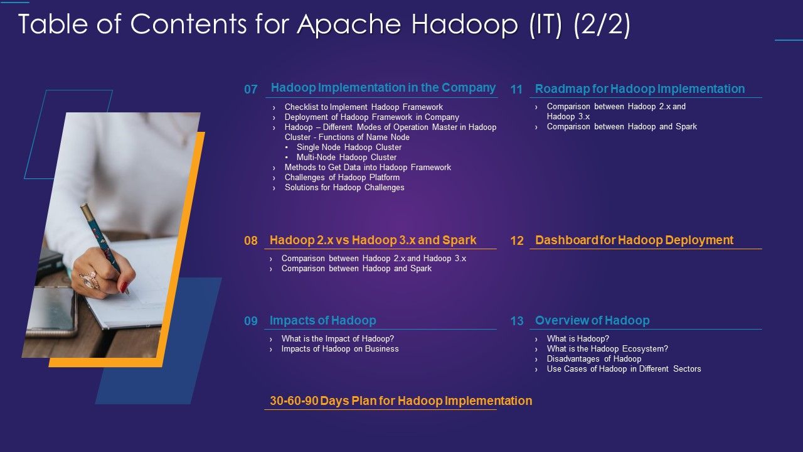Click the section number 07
click(251, 89)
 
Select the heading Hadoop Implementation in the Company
click(383, 88)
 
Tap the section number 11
click(516, 89)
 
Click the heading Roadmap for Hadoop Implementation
click(639, 89)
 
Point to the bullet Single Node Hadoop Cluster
click(349, 148)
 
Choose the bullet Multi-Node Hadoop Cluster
click(346, 158)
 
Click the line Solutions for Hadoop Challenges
click(344, 188)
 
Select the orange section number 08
click(251, 240)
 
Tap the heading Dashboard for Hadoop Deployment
click(634, 240)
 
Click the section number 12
click(517, 240)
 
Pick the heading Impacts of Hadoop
click(322, 320)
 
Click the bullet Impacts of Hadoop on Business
click(339, 349)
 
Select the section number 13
click(517, 321)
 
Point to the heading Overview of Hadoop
click(592, 320)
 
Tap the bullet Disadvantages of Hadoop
click(593, 359)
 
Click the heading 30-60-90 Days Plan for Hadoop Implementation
click(400, 401)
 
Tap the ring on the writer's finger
click(88, 280)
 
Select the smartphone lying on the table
click(50, 311)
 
